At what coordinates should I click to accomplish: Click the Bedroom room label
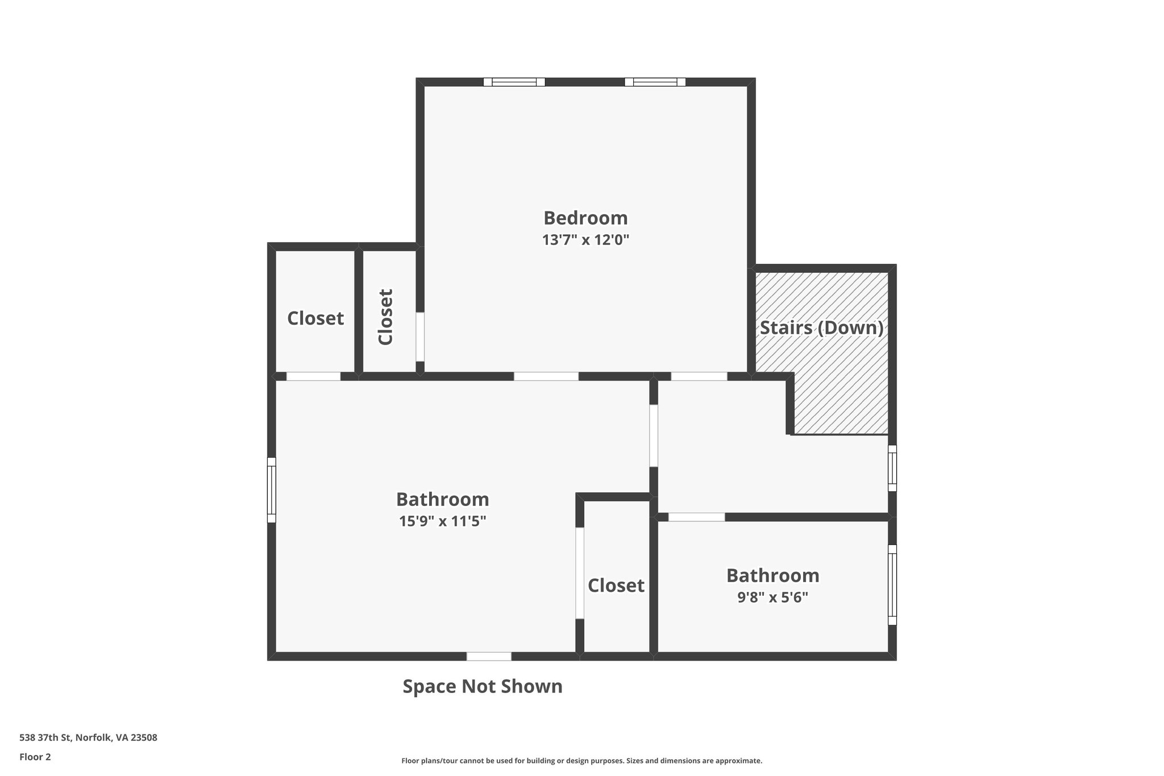pos(585,218)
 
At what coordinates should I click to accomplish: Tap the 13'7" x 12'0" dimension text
pos(585,240)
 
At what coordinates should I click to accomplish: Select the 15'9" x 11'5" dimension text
pos(442,521)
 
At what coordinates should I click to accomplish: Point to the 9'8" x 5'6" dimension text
pos(772,597)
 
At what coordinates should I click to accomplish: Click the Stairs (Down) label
pos(821,328)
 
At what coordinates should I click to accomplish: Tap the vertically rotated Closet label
pos(386,317)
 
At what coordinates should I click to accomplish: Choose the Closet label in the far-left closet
pos(315,318)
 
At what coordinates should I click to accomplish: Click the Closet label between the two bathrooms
pos(616,586)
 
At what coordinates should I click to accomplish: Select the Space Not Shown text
pos(483,687)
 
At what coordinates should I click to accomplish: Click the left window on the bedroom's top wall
pos(514,82)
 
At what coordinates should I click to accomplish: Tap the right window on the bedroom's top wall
pos(655,82)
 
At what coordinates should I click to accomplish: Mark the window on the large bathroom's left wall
pos(272,489)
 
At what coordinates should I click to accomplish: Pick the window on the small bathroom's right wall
pos(892,584)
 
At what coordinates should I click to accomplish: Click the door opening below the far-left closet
pos(313,376)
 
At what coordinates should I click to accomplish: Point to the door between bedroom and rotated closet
pos(420,336)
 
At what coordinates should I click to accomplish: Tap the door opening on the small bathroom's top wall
pos(696,517)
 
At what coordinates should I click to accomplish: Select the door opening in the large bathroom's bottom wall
pos(489,656)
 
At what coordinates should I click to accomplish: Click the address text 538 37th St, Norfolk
pos(88,738)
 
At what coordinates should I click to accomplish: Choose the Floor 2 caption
pos(35,757)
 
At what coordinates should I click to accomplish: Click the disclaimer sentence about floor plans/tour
pos(581,761)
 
